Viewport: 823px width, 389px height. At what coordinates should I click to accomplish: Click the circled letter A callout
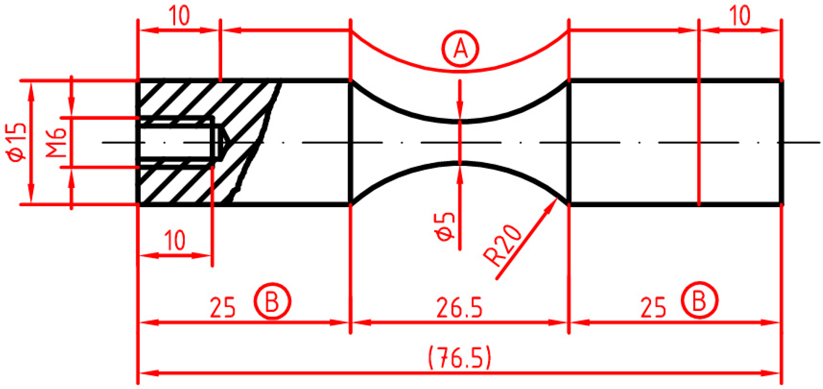[460, 49]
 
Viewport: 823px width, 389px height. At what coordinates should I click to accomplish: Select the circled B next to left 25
[272, 301]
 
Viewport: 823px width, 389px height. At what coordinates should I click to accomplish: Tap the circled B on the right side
[699, 300]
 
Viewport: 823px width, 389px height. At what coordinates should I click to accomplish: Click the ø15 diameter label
[16, 143]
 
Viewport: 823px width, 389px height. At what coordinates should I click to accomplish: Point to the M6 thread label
[56, 143]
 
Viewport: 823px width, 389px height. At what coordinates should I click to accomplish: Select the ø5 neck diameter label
[444, 227]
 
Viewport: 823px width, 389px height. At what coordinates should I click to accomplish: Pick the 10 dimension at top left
[179, 16]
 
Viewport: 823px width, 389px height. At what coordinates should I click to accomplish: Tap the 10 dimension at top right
[740, 16]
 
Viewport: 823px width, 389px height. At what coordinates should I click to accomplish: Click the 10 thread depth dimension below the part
[175, 241]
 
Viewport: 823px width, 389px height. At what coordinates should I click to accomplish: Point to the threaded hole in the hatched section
[175, 143]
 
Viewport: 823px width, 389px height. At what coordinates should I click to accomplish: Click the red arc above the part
[460, 70]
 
